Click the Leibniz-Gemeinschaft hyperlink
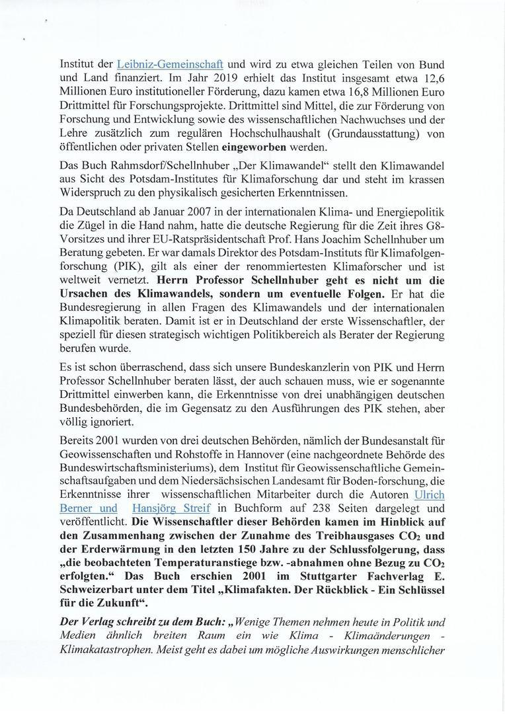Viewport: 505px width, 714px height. pos(170,65)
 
